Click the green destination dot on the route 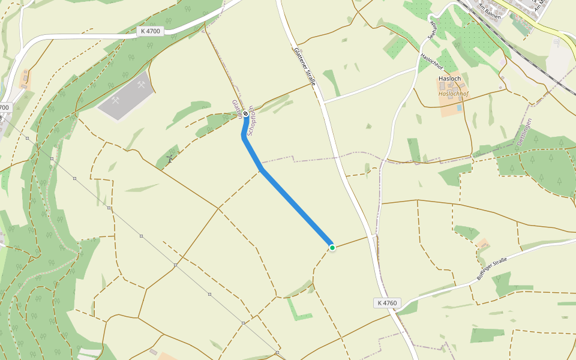click(x=332, y=247)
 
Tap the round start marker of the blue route click(x=245, y=113)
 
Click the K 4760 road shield click(x=388, y=303)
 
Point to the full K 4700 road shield click(x=149, y=31)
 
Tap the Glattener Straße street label click(x=305, y=66)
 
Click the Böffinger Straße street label click(x=492, y=268)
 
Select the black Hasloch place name click(x=449, y=79)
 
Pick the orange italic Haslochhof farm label click(x=453, y=94)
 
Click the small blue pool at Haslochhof click(x=460, y=108)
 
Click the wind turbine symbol click(x=170, y=159)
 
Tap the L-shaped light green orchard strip click(x=297, y=310)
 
